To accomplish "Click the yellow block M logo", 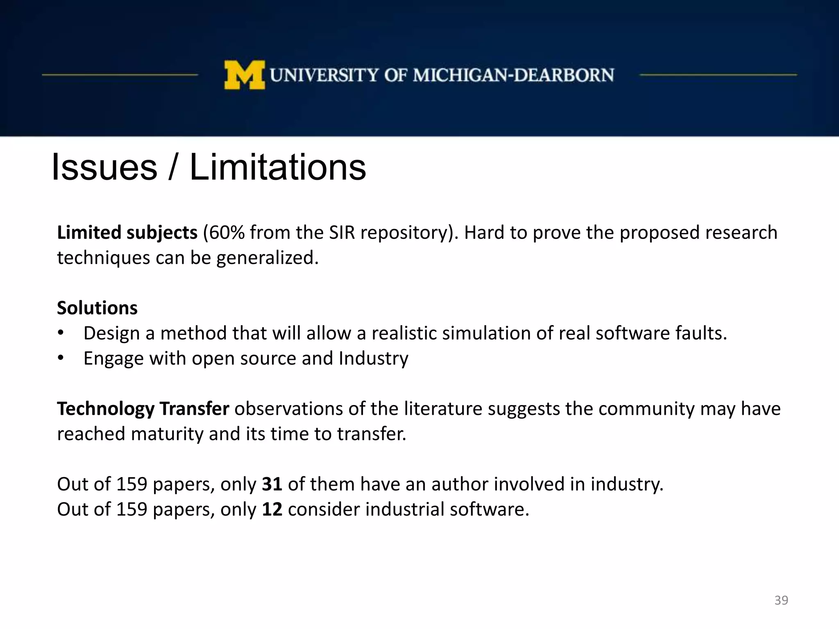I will (244, 75).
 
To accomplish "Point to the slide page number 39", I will (781, 600).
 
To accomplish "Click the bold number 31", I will (272, 484).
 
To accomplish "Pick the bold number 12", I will (272, 509).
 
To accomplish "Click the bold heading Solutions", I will (97, 308).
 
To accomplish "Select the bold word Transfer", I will (194, 409).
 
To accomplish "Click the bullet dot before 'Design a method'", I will (61, 333).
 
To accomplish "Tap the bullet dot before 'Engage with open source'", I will (61, 358).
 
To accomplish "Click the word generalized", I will (267, 258).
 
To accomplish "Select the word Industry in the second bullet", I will (373, 358).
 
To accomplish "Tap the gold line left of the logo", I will (120, 75).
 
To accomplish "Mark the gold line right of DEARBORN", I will (718, 75).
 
